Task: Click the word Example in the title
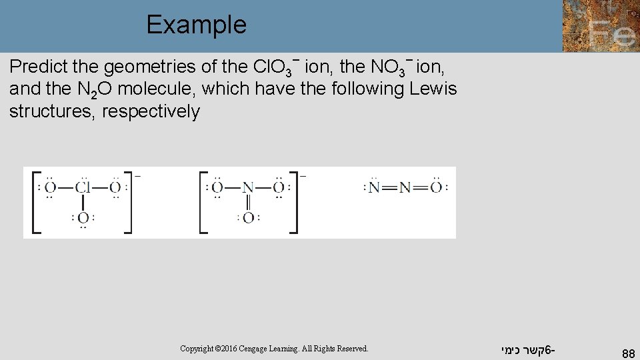(x=196, y=25)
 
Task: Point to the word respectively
(x=151, y=111)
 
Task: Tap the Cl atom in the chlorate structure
(x=83, y=187)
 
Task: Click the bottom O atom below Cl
(x=83, y=217)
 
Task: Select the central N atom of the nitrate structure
(x=248, y=187)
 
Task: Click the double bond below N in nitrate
(x=248, y=202)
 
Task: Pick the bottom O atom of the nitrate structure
(x=248, y=217)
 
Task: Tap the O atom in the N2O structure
(x=436, y=187)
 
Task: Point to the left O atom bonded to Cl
(x=50, y=187)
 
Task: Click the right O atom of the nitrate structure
(x=279, y=187)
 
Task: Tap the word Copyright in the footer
(x=198, y=349)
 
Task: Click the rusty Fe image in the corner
(x=601, y=26)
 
